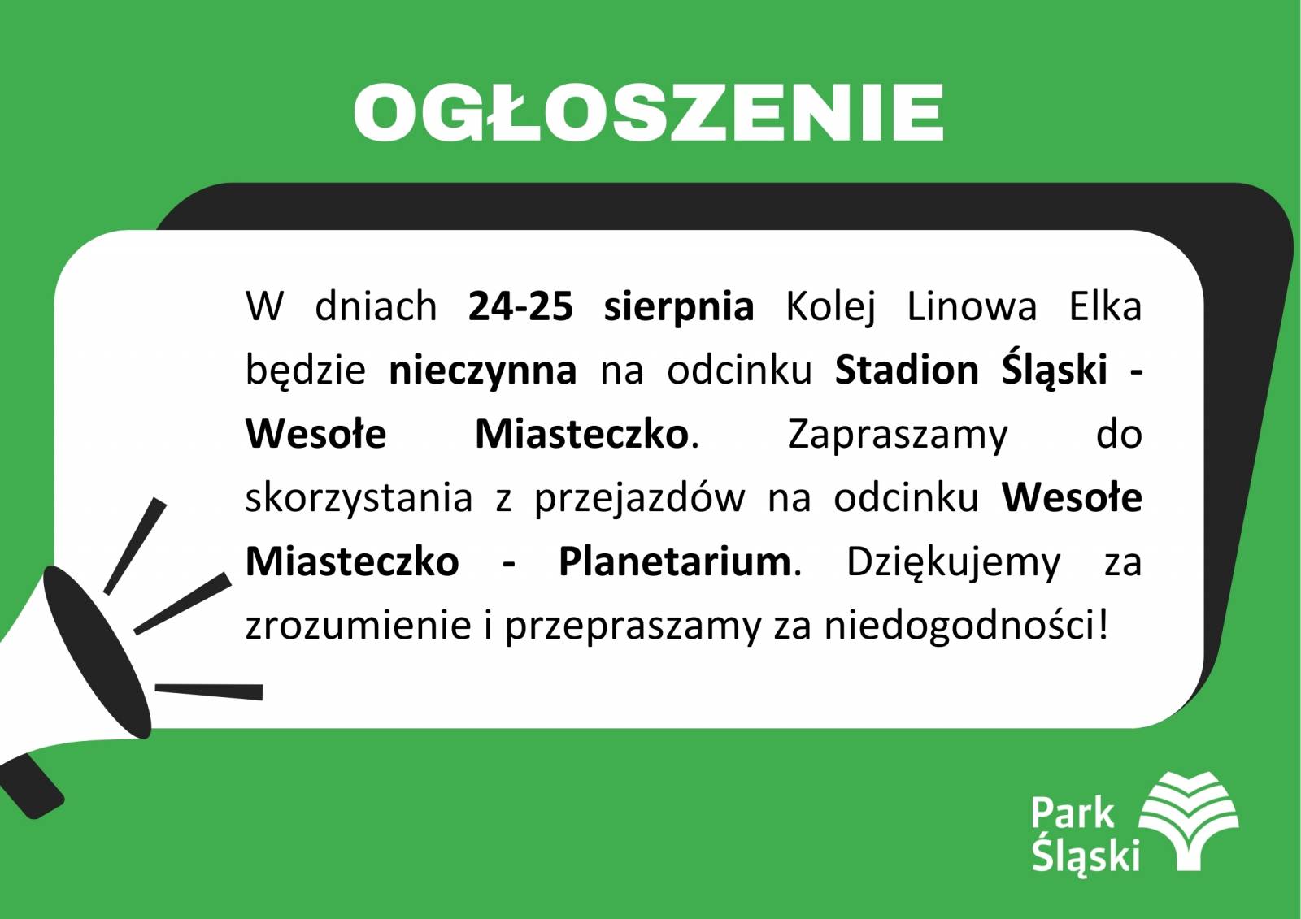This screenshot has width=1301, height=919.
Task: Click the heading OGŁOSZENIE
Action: point(648,112)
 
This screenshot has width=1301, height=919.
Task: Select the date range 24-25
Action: point(520,306)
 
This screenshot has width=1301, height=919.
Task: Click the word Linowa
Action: point(972,306)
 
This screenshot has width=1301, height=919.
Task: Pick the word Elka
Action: point(1105,306)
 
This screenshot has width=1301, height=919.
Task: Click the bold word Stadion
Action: point(907,369)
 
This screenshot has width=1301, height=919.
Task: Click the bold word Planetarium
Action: point(675,562)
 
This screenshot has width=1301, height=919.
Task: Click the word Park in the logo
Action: point(1073,813)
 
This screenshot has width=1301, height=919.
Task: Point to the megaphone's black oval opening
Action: point(97,652)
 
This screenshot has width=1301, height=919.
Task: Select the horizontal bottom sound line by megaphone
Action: point(209,691)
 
